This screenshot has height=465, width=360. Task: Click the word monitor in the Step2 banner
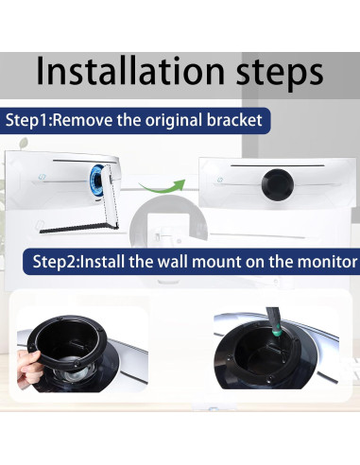coord(325,261)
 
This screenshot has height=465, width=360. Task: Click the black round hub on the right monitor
coord(280,181)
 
